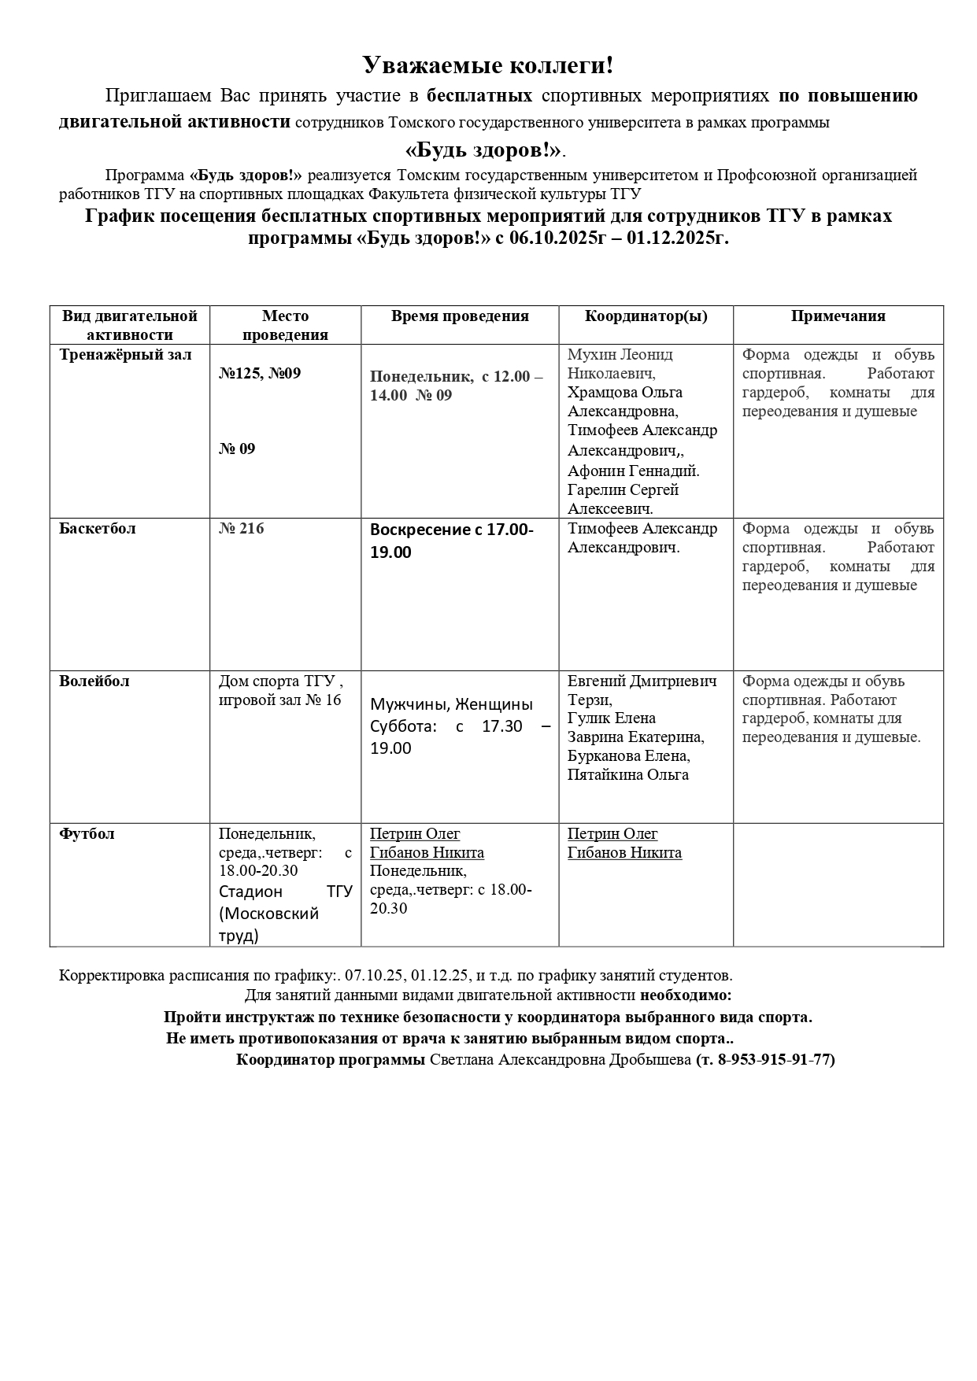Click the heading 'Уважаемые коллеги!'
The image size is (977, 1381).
487,65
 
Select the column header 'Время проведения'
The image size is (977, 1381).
460,316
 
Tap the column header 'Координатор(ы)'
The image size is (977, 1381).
646,316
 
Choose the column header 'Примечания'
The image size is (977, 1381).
838,316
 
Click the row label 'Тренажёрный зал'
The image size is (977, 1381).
125,355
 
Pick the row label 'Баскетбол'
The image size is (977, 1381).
98,529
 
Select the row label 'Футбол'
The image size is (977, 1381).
87,834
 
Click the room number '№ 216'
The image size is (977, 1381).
242,529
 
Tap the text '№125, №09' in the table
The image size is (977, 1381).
260,374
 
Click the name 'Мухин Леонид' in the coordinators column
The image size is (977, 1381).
620,355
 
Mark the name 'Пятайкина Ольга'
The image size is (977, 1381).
627,775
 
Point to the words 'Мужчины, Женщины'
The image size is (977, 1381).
451,704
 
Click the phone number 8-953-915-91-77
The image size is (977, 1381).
775,1059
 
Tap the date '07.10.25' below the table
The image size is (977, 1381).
373,976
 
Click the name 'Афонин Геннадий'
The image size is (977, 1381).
633,471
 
